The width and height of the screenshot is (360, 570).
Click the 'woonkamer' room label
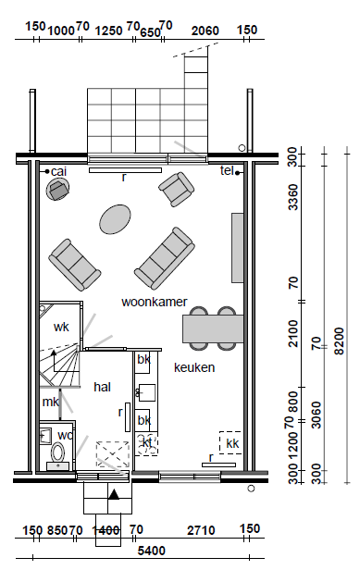[155, 302]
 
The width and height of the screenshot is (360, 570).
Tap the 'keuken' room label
[194, 367]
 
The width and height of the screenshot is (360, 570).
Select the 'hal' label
[102, 387]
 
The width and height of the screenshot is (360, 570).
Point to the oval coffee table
[115, 219]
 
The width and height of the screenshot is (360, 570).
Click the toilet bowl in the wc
[57, 452]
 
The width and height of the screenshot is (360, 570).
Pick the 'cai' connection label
[59, 171]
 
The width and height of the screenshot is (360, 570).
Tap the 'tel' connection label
[227, 170]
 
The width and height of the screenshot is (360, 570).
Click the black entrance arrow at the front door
[114, 494]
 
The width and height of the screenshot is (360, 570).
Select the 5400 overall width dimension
[151, 551]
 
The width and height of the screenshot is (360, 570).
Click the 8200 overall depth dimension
[339, 341]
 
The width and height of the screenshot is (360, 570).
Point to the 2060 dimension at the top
[205, 31]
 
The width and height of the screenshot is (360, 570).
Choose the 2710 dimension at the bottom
[201, 531]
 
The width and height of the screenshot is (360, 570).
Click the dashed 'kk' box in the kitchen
[230, 442]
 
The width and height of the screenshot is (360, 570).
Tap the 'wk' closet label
[61, 327]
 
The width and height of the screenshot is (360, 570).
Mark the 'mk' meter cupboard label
[51, 402]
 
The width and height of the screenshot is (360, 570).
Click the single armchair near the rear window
[177, 189]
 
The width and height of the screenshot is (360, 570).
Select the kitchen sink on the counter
[145, 392]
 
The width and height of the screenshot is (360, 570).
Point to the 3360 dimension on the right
[292, 197]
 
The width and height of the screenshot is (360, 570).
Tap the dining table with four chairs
[213, 328]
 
